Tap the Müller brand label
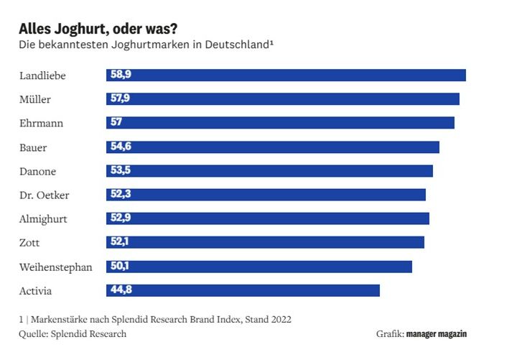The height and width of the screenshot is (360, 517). click(x=35, y=99)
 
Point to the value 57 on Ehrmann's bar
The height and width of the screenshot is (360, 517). click(x=116, y=123)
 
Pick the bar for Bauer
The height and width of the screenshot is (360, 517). click(x=273, y=147)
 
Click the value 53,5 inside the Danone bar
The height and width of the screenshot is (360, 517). click(x=121, y=171)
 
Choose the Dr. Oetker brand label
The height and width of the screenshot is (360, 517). click(x=44, y=195)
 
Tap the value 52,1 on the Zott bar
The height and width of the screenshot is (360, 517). click(x=120, y=242)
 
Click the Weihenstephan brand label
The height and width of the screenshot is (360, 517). click(x=56, y=267)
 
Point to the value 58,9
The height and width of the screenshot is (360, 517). click(x=121, y=75)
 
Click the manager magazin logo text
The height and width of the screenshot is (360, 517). click(x=436, y=334)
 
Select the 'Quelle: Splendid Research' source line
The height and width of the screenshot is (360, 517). click(x=73, y=334)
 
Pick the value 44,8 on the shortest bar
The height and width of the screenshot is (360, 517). click(x=121, y=290)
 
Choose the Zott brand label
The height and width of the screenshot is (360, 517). click(x=30, y=243)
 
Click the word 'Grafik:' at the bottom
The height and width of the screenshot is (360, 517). click(x=389, y=334)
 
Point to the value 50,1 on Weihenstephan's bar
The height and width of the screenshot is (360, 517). click(x=120, y=267)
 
